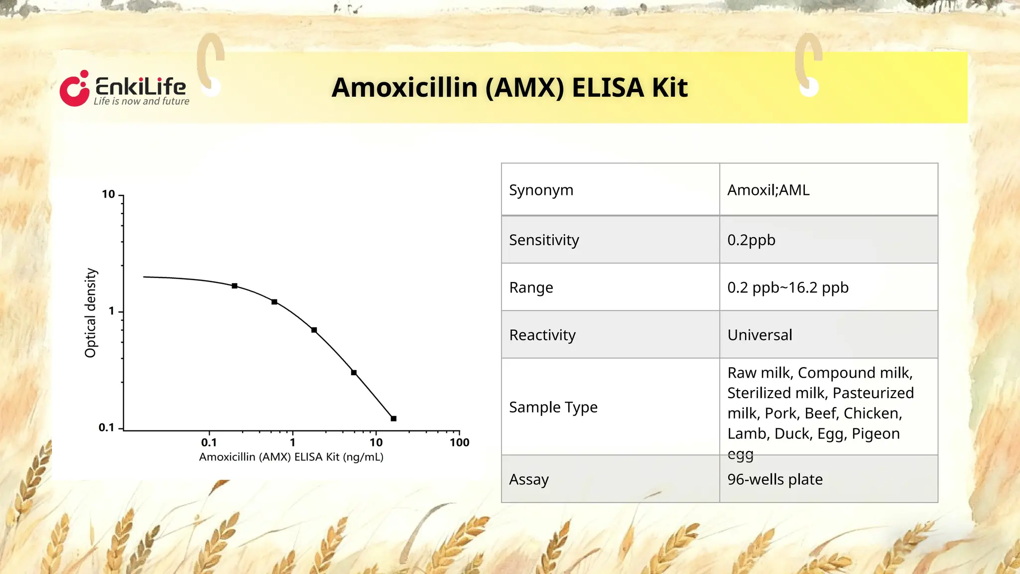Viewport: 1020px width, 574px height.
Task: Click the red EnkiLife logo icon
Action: coord(75,89)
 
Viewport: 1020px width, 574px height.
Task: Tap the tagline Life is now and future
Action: coord(141,101)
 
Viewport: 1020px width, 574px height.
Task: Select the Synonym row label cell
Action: coord(541,190)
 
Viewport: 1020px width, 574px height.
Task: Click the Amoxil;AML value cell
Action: coord(768,190)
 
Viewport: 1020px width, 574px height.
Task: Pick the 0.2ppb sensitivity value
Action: coord(751,240)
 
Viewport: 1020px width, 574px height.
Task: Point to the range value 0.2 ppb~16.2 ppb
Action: coord(787,287)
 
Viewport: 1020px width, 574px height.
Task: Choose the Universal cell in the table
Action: coord(760,335)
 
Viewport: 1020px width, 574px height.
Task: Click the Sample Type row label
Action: coord(553,407)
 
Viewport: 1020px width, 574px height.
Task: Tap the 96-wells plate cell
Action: coord(774,479)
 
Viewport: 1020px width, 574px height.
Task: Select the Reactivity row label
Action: coord(542,335)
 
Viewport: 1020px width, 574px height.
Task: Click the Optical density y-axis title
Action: coord(90,313)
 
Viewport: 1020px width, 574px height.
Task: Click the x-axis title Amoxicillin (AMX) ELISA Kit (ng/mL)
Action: coord(291,457)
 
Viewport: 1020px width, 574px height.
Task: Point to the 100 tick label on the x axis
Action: coord(459,442)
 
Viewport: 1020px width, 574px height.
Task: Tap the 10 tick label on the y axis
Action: coord(108,194)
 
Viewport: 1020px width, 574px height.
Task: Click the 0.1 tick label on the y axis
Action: coord(106,428)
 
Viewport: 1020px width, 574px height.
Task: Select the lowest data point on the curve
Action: coord(393,419)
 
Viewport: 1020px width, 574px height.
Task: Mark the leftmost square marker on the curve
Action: coord(235,286)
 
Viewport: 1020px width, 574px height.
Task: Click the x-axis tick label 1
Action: coord(293,442)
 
